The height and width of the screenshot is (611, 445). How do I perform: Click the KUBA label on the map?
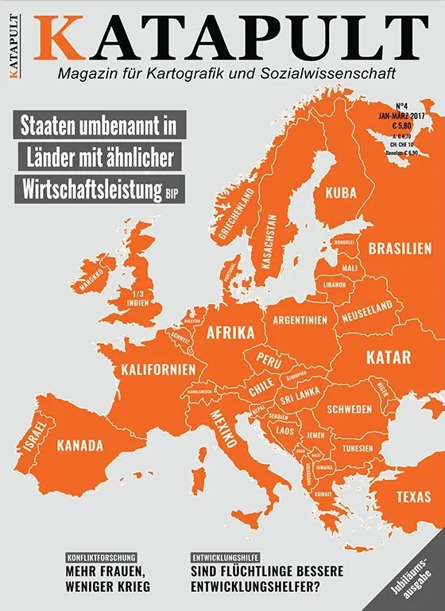coord(340,192)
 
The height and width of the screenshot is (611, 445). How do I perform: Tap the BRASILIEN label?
coord(400,248)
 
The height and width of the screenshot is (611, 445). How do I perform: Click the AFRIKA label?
coord(230,333)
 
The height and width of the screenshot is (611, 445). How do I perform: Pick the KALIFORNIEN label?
coord(158,369)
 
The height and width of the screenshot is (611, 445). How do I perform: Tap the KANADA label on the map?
coord(79,445)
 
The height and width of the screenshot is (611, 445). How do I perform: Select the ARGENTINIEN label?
coord(300,321)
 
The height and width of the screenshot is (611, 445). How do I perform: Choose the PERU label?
coord(269,360)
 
